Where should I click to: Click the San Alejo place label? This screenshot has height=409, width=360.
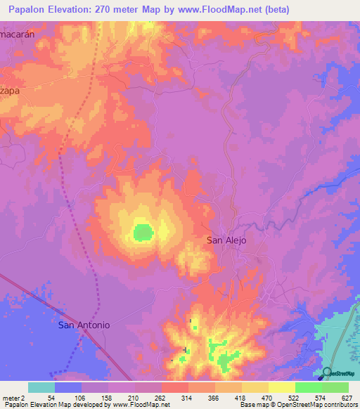click(226, 240)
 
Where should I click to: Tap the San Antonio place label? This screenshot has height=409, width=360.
click(84, 325)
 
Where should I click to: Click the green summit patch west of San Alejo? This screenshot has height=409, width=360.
click(143, 231)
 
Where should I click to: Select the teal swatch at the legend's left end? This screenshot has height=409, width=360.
click(41, 387)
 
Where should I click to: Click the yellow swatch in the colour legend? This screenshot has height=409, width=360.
click(281, 387)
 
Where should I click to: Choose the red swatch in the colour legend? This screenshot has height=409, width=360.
click(175, 387)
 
